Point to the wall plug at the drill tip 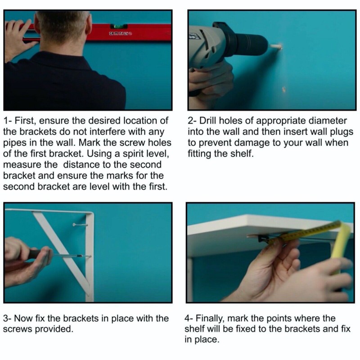click(276, 47)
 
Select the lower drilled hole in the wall click(284, 90)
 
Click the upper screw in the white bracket click(80, 225)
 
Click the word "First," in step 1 click(24, 121)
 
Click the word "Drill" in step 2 click(208, 121)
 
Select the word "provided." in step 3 click(54, 329)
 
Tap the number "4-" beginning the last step click(189, 319)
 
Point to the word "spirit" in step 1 click(130, 154)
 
